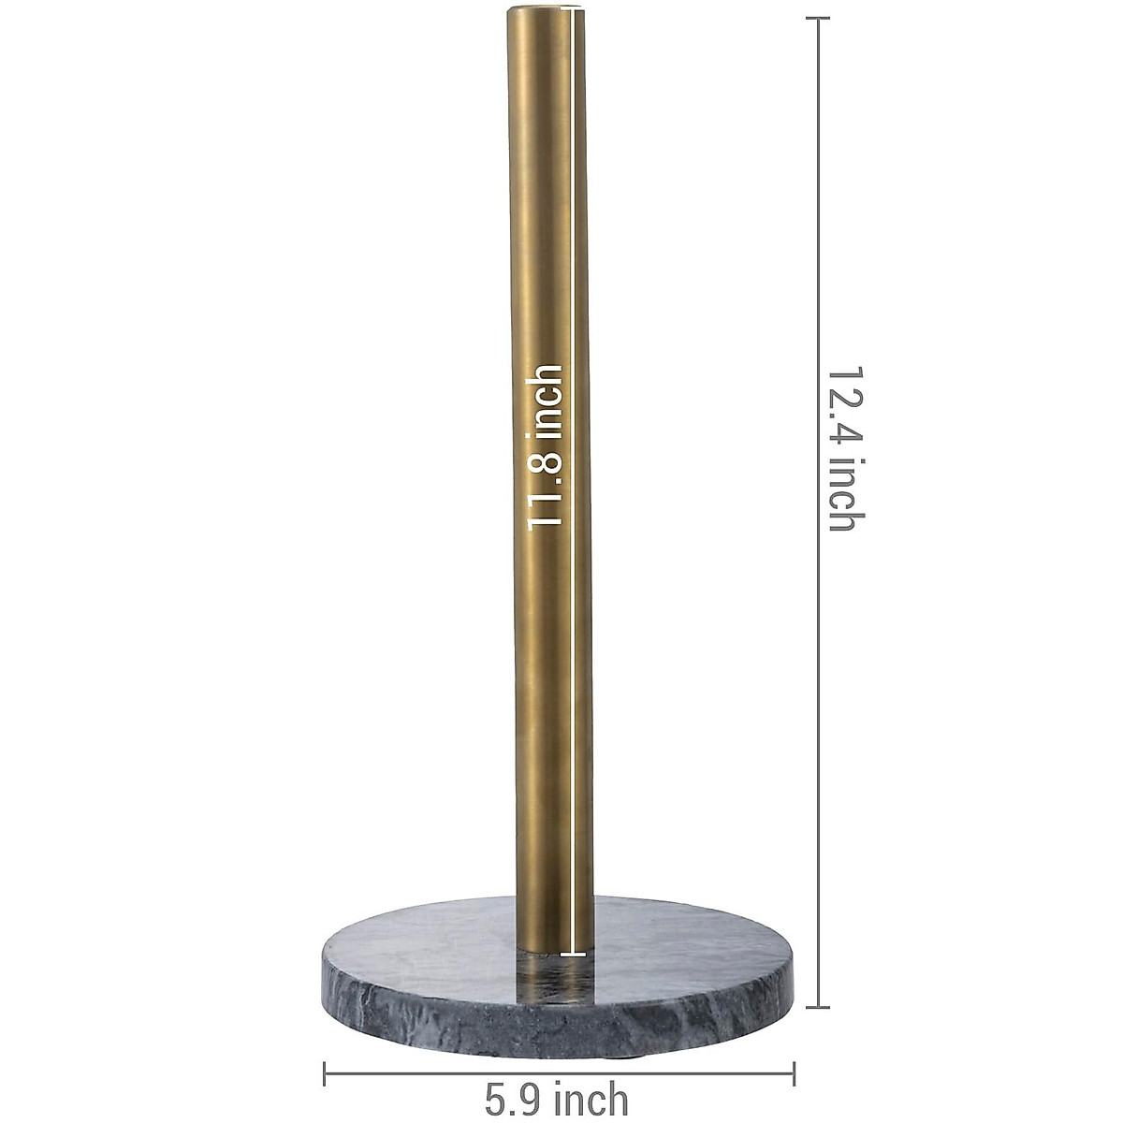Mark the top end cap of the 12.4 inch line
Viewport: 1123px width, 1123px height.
[x=819, y=19]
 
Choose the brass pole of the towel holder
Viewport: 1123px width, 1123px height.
[x=538, y=234]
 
